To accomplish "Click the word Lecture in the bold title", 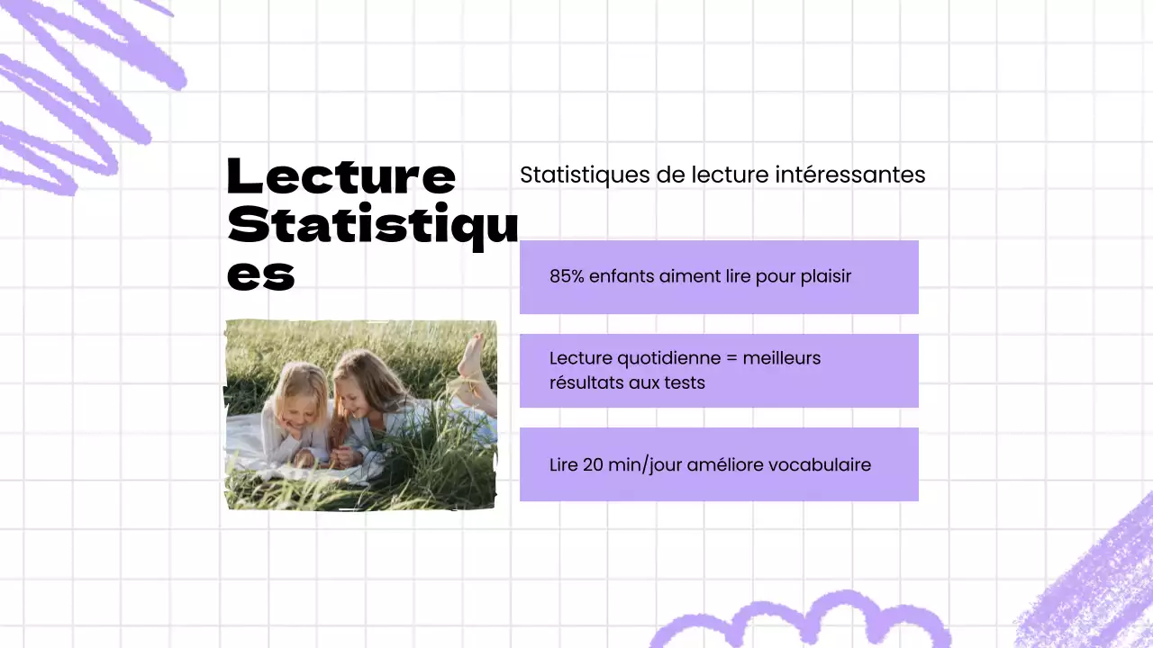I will [x=340, y=176].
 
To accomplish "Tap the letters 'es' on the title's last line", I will [x=260, y=274].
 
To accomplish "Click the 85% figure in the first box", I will [x=567, y=276].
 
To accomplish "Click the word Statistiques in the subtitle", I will [x=585, y=175].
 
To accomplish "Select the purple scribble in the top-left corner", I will [x=81, y=90].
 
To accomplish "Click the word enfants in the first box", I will [x=621, y=276].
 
